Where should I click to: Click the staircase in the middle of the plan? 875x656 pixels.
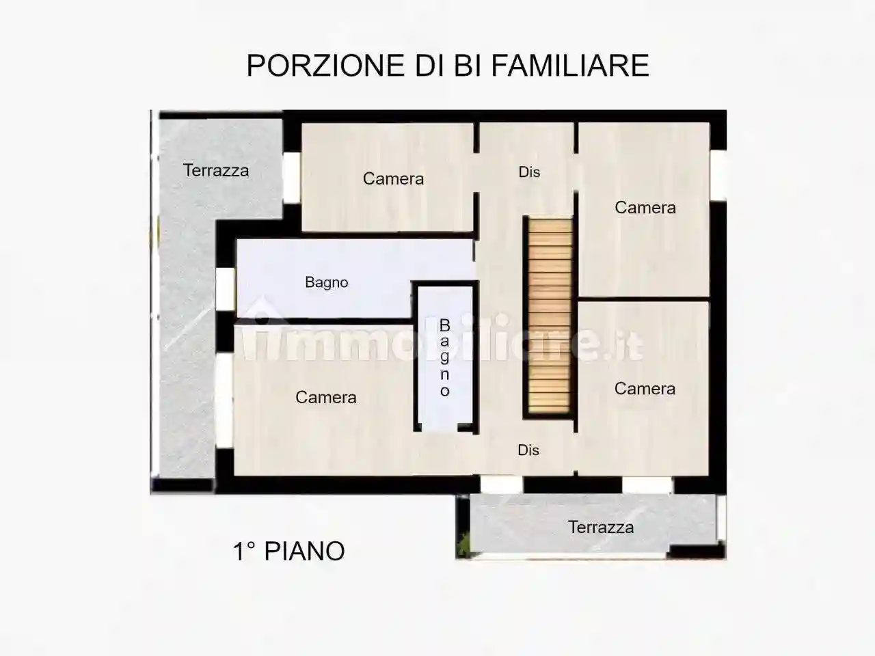coord(548,316)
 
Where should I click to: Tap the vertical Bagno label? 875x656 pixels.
coord(444,357)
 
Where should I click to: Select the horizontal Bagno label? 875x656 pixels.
coord(327,282)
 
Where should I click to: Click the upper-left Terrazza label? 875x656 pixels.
coord(216,170)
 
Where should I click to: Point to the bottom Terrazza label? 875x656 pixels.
coord(601,527)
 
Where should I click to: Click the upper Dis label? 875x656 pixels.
coord(529,172)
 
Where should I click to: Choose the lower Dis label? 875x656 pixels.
coord(528,450)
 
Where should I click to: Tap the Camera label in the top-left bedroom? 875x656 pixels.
coord(393,178)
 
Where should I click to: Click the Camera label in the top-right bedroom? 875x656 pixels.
coord(645,207)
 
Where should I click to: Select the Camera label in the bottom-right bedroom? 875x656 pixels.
coord(645,388)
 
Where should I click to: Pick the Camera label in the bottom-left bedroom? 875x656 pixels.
coord(326,397)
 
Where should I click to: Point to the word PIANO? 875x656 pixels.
coord(304,551)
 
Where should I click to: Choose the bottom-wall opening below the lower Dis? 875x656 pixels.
coord(501,484)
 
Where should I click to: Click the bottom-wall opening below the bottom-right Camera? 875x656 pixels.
coord(647,484)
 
